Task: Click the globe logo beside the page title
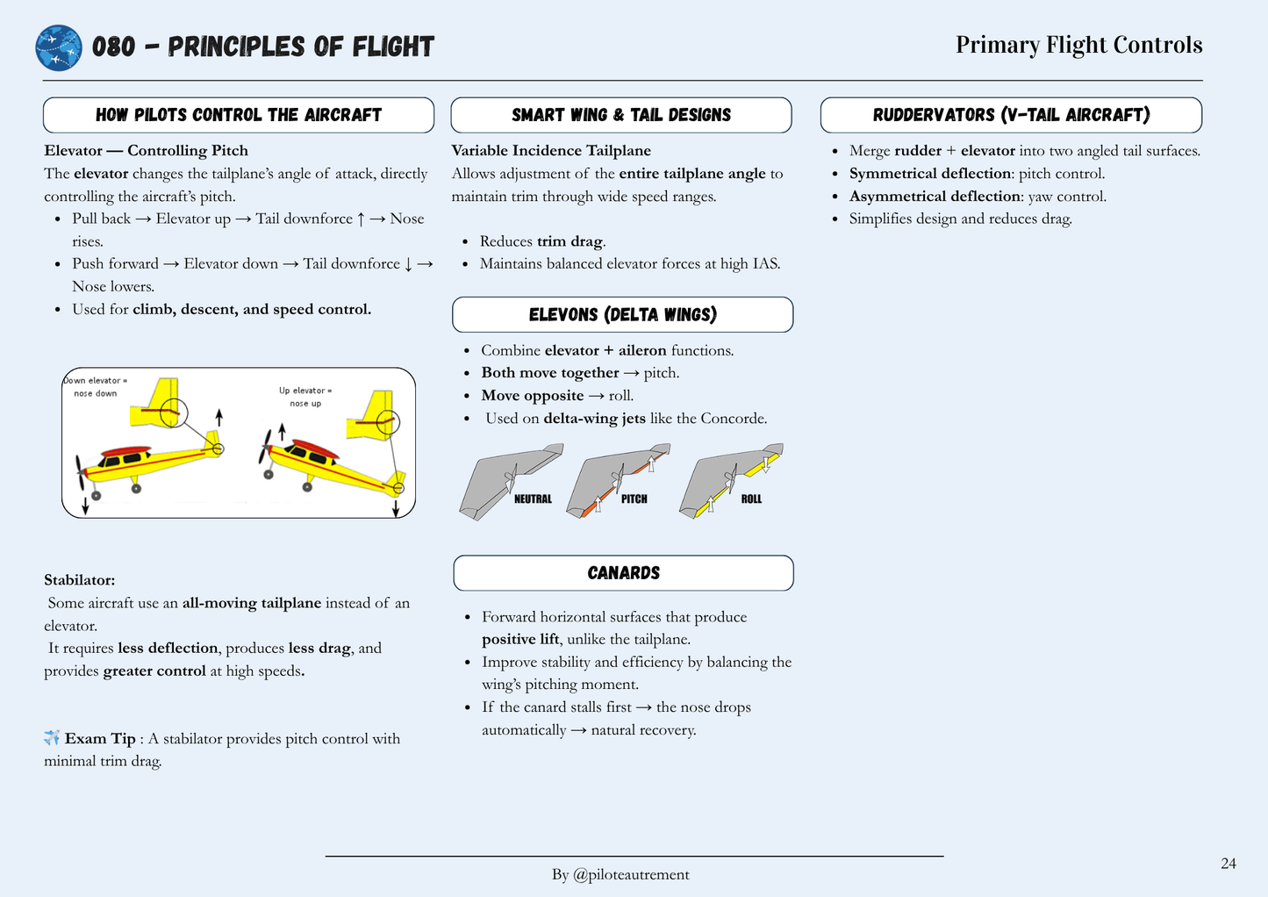coord(59,47)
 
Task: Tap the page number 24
coord(1228,864)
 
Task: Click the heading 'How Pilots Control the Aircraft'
coord(239,115)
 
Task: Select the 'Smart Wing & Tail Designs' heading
coord(621,115)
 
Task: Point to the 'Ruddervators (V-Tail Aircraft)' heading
coord(1011,115)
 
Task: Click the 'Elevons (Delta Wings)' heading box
coord(623,315)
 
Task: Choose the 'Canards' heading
coord(624,573)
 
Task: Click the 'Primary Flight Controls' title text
coord(1078,45)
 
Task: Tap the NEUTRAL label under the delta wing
coord(533,499)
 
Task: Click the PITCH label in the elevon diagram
coord(634,499)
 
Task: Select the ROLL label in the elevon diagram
coord(751,499)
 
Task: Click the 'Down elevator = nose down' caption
coord(96,387)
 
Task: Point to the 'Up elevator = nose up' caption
coord(305,397)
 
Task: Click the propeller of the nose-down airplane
coord(81,472)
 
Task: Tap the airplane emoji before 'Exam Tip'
coord(52,738)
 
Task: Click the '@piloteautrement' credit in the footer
coord(631,874)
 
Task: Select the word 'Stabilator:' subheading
coord(80,580)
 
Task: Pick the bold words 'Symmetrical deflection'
coord(930,174)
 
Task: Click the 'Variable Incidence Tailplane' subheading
coord(551,151)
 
